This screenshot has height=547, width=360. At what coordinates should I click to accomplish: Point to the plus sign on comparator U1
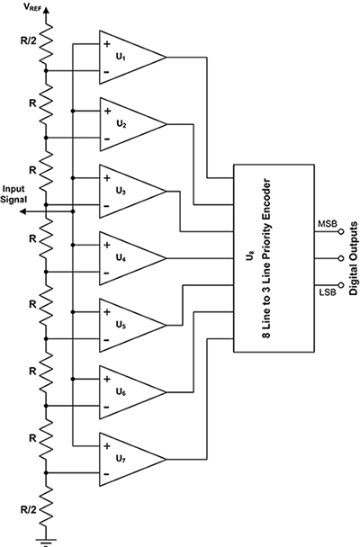[x=108, y=44]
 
